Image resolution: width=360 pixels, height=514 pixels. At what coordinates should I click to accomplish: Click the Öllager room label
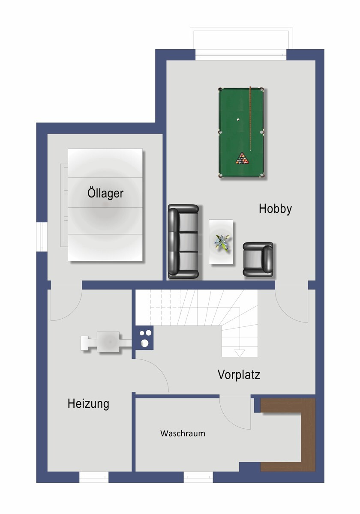click(105, 193)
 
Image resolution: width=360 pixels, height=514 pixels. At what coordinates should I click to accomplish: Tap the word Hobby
click(275, 209)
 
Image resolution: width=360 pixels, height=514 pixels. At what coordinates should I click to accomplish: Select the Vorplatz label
click(239, 375)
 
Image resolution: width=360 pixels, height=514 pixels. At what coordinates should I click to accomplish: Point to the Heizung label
click(88, 403)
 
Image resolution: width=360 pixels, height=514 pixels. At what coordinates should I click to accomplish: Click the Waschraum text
click(183, 433)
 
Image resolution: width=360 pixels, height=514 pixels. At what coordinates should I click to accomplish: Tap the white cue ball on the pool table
click(238, 120)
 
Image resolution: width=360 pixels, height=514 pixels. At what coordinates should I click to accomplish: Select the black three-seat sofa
click(183, 242)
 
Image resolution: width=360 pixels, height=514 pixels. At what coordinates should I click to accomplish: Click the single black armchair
click(258, 259)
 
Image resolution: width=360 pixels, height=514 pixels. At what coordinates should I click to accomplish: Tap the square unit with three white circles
click(144, 337)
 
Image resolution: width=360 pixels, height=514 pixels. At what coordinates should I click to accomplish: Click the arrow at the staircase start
click(240, 353)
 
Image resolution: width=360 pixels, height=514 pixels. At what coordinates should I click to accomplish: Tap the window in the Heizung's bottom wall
click(94, 477)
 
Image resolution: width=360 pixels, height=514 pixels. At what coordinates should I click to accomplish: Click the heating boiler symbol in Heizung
click(107, 342)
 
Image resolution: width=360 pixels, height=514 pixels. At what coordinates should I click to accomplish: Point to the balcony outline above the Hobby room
click(241, 39)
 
